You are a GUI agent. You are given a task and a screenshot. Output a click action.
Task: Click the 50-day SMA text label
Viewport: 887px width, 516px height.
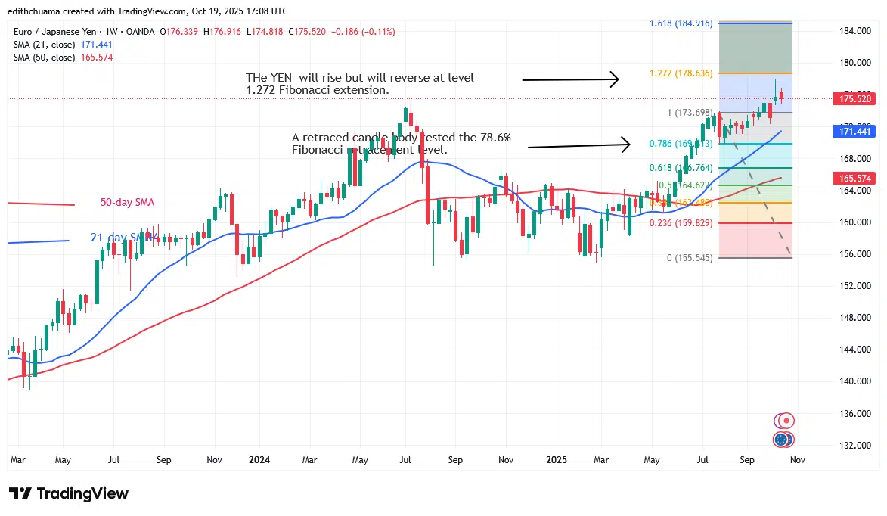pyautogui.click(x=127, y=203)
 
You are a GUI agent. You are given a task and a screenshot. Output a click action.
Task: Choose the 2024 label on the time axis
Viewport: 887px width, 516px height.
pyautogui.click(x=260, y=459)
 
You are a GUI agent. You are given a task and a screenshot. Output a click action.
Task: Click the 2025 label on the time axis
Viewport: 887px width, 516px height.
pyautogui.click(x=556, y=459)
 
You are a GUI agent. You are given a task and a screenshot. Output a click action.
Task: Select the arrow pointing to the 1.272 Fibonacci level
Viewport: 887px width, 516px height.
pyautogui.click(x=571, y=79)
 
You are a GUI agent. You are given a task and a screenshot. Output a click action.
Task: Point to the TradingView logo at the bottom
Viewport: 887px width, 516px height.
pyautogui.click(x=69, y=493)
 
